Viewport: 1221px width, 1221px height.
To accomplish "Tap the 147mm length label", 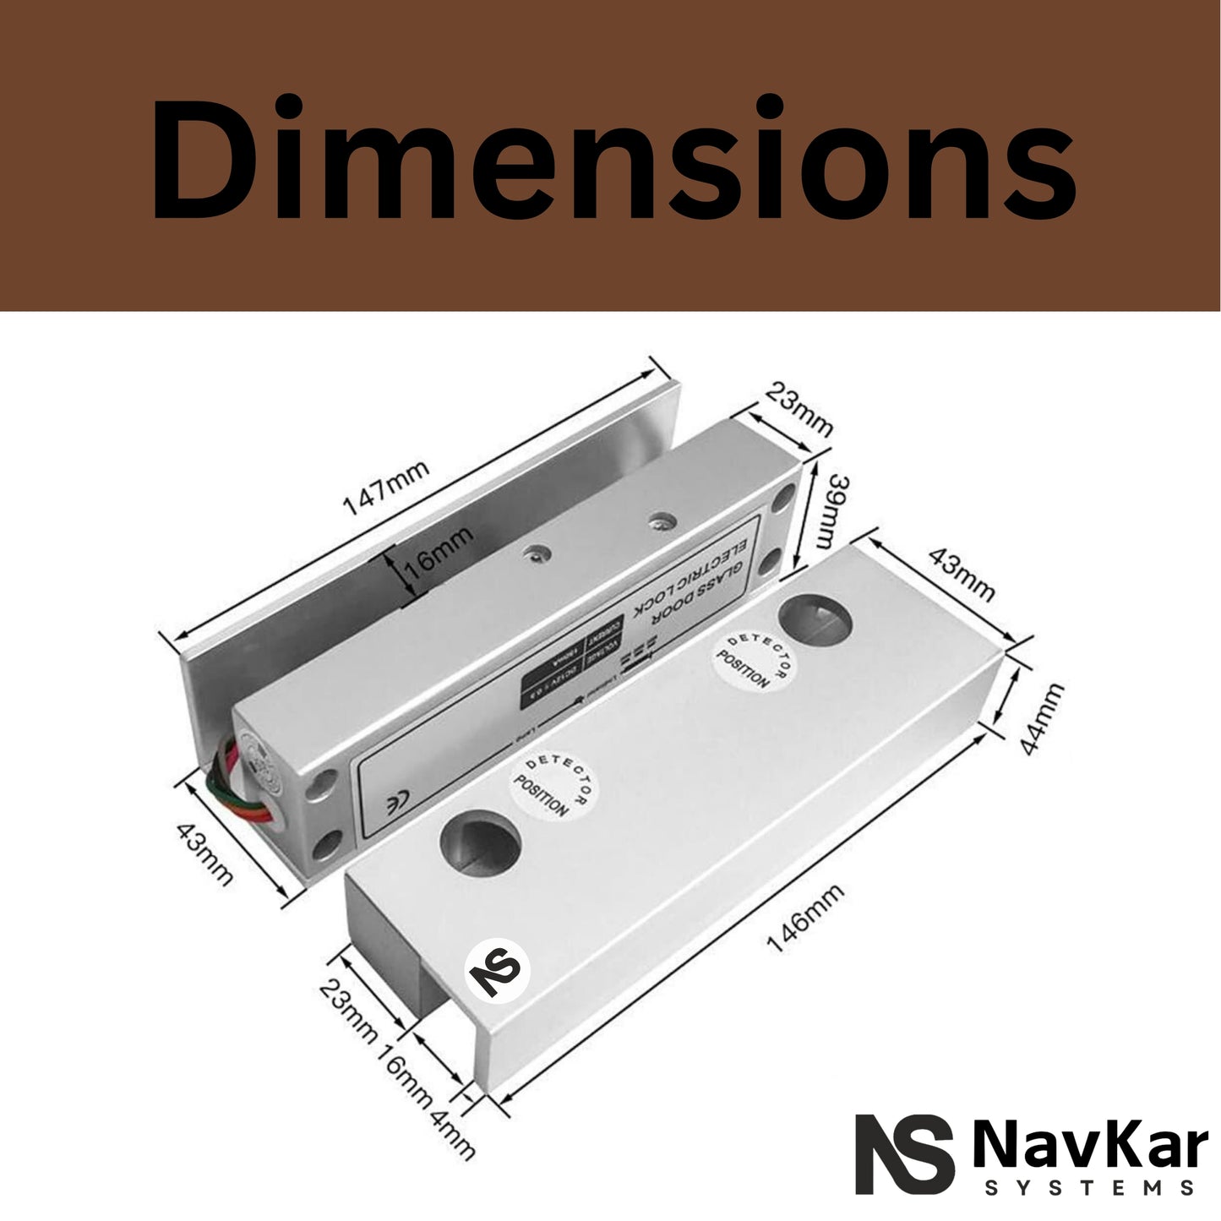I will pyautogui.click(x=385, y=488).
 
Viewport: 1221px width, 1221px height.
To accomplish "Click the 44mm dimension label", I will pyautogui.click(x=1039, y=720).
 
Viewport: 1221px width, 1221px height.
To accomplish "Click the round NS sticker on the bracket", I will pyautogui.click(x=496, y=968).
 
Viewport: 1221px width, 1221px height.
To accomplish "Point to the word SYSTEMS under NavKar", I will pyautogui.click(x=1090, y=1188).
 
